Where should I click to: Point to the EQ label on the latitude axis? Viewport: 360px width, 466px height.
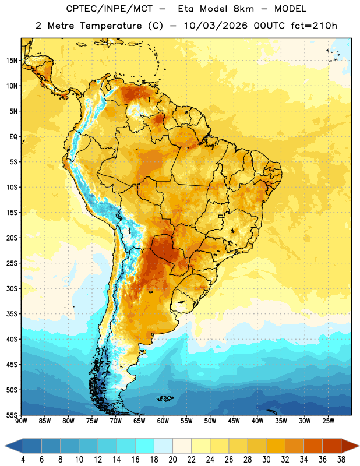13,137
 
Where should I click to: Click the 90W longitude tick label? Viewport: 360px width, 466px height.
21,421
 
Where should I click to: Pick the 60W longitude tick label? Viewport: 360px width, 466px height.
163,421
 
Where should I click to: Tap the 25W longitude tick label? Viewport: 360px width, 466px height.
328,421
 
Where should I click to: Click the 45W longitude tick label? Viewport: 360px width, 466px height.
234,421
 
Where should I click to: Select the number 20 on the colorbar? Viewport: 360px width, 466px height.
172,460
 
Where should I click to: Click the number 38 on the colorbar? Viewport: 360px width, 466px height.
341,460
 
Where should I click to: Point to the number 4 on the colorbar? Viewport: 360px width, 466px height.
23,460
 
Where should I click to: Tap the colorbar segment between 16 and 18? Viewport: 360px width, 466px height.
145,446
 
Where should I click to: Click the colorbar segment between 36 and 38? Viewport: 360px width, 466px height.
332,446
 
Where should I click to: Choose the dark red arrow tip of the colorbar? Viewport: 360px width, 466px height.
350,446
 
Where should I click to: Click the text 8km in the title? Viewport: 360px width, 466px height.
243,9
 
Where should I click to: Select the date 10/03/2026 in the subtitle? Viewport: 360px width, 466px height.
216,26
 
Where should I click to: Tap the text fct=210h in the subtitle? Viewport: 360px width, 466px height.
314,26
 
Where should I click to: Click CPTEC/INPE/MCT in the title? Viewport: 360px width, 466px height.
109,9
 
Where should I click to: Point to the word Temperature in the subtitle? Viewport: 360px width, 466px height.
111,26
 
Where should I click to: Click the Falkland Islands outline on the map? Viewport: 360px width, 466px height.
165,398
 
